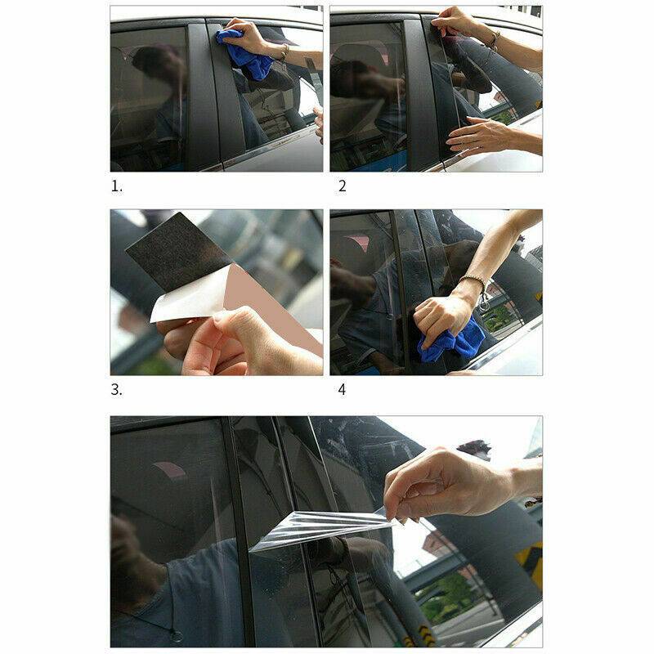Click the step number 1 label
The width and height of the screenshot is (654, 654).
pos(116,186)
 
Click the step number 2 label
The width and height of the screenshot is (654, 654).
pos(343,186)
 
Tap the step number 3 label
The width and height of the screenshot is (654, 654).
pos(116,390)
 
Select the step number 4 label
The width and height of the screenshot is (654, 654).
pos(342,390)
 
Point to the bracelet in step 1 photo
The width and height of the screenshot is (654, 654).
pos(284,52)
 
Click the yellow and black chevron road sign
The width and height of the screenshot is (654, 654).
pos(529,564)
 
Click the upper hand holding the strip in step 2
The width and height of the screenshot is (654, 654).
pos(455,22)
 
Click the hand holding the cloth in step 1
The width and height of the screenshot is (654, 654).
pos(249,35)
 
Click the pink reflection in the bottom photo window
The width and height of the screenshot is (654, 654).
pos(170,469)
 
